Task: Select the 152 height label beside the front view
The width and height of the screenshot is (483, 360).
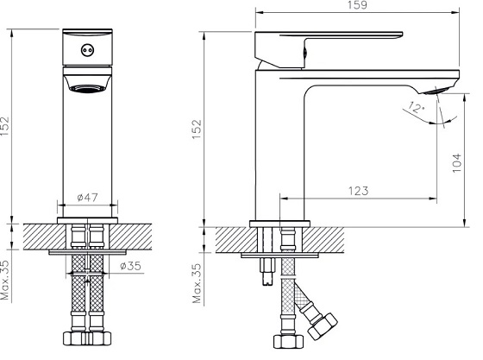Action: [7, 126]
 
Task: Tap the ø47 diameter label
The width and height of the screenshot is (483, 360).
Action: [87, 198]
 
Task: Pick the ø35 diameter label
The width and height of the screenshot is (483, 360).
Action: [131, 266]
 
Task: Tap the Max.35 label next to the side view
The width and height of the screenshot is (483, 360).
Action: [198, 284]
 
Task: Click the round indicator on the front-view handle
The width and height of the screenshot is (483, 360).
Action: [85, 50]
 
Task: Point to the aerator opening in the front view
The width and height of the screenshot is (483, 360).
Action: [85, 86]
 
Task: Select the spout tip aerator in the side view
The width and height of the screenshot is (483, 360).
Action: [435, 90]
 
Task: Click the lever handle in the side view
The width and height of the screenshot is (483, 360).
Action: [336, 40]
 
